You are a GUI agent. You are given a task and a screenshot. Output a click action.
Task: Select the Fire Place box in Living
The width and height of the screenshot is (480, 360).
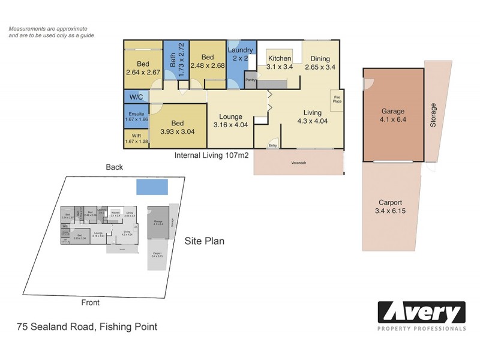coord(337,99)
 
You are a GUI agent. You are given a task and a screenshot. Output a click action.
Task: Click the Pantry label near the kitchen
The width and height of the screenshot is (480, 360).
coord(251,79)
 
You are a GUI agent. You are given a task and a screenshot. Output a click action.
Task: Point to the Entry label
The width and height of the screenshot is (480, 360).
coord(273,145)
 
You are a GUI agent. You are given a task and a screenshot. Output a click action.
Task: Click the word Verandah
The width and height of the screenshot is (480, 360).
coord(299,162)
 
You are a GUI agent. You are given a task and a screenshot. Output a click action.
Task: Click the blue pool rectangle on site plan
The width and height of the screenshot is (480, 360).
coord(152,187)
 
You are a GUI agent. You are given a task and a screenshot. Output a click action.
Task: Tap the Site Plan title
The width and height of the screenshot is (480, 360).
coord(205,241)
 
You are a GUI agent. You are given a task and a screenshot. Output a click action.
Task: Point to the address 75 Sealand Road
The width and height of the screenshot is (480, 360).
coord(87,327)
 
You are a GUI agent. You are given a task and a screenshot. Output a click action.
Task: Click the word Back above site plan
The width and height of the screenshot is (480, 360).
coord(114,167)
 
